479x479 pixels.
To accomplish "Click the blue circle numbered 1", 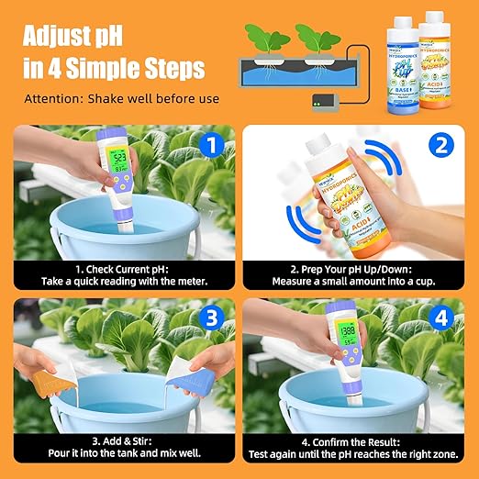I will click(211, 145).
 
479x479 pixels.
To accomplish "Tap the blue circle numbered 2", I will click(441, 145).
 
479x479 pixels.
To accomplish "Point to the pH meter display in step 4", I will click(347, 329).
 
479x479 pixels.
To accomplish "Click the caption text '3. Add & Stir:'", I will click(120, 440).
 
